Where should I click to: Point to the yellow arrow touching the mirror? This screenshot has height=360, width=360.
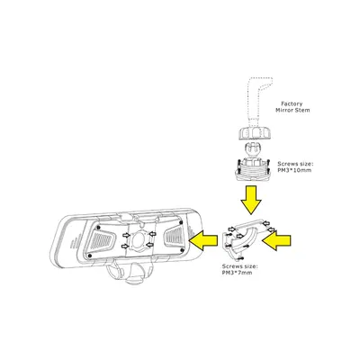(x=206, y=238)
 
